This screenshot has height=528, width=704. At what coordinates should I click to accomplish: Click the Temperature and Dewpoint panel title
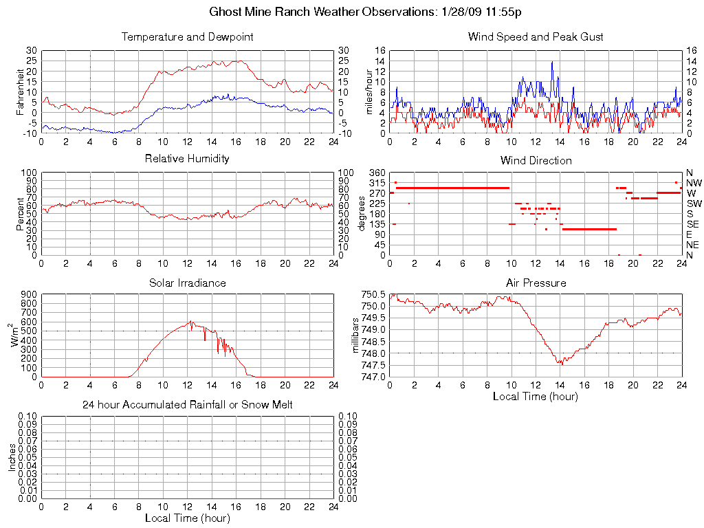click(187, 36)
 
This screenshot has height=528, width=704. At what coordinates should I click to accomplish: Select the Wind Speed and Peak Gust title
click(536, 36)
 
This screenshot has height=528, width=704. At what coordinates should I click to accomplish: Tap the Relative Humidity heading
click(187, 159)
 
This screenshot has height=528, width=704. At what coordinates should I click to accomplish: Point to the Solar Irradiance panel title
click(187, 283)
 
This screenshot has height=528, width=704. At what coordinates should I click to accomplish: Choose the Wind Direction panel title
click(536, 160)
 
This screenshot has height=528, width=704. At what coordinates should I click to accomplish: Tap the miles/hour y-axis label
click(369, 91)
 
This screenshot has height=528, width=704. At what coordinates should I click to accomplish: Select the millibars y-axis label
click(356, 335)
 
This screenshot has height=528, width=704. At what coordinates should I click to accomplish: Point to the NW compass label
click(693, 183)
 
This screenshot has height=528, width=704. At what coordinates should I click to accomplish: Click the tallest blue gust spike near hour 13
click(552, 62)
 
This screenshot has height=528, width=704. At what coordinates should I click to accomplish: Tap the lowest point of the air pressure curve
click(562, 364)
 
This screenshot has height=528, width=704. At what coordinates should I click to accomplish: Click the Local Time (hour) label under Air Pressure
click(536, 396)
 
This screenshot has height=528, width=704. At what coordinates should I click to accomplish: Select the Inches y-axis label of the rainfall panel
click(12, 457)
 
